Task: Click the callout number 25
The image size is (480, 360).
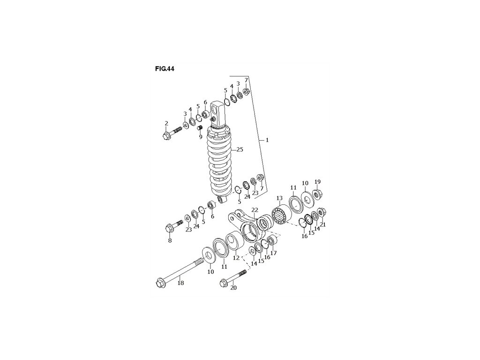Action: pyautogui.click(x=240, y=150)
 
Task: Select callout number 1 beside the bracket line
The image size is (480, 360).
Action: pyautogui.click(x=267, y=140)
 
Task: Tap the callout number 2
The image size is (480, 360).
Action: pyautogui.click(x=166, y=123)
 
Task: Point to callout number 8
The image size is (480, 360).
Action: pyautogui.click(x=170, y=240)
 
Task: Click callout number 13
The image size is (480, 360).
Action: pyautogui.click(x=279, y=198)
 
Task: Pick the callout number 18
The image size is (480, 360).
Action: pyautogui.click(x=180, y=283)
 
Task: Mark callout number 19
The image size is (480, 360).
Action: pyautogui.click(x=317, y=182)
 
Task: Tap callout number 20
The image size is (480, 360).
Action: pyautogui.click(x=233, y=288)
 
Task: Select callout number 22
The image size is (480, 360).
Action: pyautogui.click(x=255, y=210)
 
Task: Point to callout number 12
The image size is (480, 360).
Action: pyautogui.click(x=236, y=258)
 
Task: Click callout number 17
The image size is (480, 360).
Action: pyautogui.click(x=273, y=253)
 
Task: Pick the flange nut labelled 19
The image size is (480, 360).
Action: pyautogui.click(x=317, y=193)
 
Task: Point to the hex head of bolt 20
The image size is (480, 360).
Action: pyautogui.click(x=223, y=283)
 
